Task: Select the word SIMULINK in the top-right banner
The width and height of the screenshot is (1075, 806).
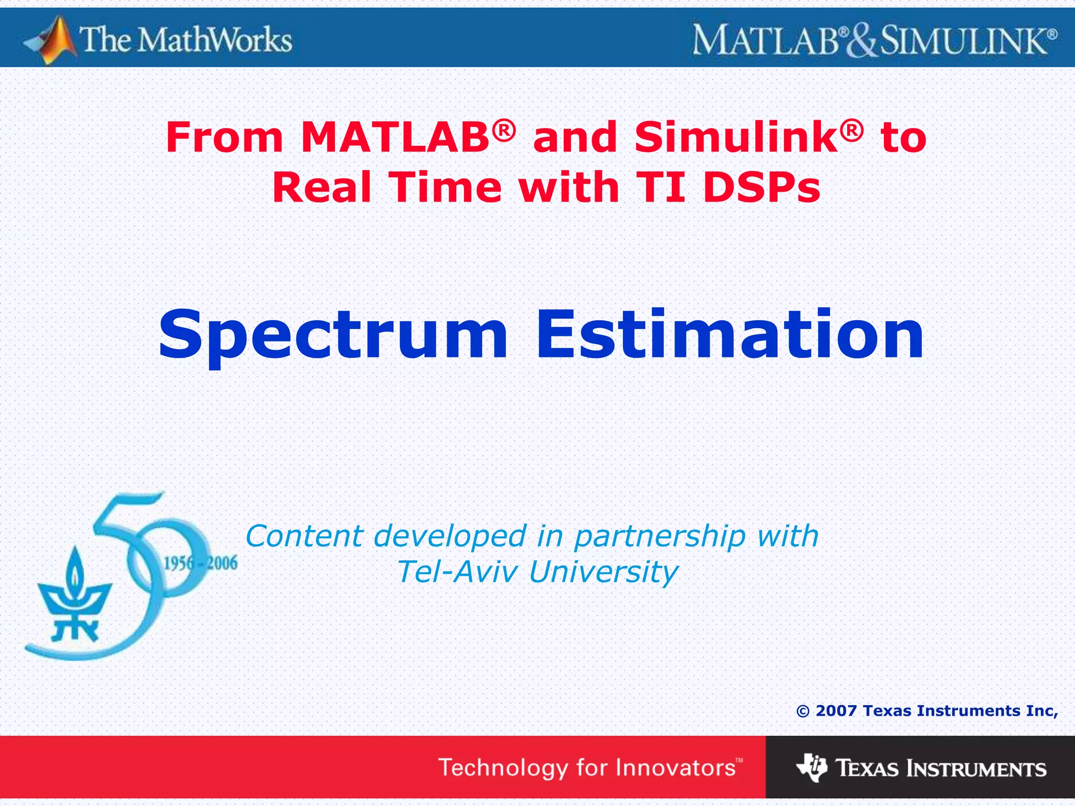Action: pos(963,41)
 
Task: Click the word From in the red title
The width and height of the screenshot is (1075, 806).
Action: pos(224,137)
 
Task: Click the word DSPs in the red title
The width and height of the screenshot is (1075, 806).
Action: pos(761,188)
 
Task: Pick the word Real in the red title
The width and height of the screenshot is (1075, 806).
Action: pos(322,188)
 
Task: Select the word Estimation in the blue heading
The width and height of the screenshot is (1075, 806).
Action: pos(730,336)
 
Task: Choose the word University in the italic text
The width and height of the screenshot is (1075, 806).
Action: pos(604,572)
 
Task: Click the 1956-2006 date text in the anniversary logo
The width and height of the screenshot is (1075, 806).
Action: pos(201,564)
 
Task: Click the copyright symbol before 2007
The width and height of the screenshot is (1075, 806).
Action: pos(803,712)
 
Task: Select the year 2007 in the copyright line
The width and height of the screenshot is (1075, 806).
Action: pos(836,711)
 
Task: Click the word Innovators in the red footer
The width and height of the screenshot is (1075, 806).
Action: pos(676,768)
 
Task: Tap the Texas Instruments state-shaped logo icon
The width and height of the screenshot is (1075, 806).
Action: pos(811,767)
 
